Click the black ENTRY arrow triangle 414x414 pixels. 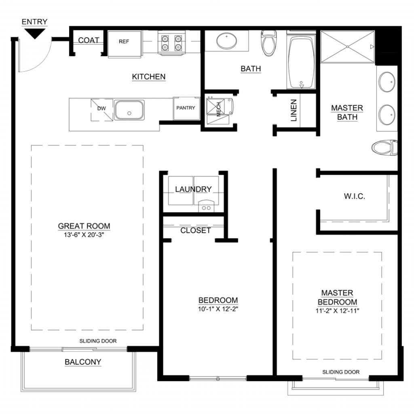point(35,33)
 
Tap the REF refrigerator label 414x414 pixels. point(124,42)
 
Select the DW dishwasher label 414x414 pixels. point(101,108)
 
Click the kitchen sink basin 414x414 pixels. point(129,110)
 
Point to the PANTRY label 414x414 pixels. point(186,108)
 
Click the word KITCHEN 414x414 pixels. point(149,76)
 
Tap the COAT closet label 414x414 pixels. point(89,40)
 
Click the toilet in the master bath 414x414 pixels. point(384,148)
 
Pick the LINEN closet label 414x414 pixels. point(294,110)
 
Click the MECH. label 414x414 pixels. point(219,109)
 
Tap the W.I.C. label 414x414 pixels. point(354,196)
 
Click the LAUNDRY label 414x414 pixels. point(193,189)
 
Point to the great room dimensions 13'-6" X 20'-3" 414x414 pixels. point(84,235)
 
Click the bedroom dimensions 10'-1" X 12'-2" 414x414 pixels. point(218,309)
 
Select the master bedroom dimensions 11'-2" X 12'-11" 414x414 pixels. point(338,311)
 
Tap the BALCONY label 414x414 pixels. point(83,362)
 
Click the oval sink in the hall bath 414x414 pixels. point(226,41)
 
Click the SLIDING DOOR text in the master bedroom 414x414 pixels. point(341,372)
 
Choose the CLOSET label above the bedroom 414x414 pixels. point(195,230)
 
